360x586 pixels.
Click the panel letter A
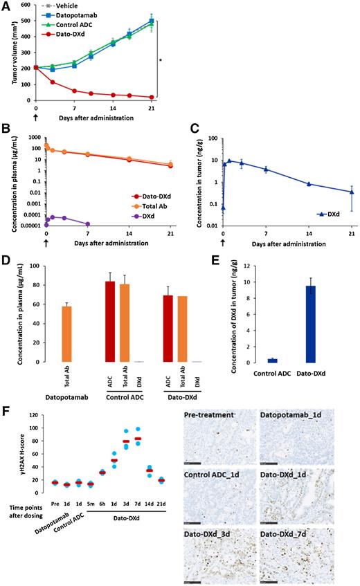(6, 6)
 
